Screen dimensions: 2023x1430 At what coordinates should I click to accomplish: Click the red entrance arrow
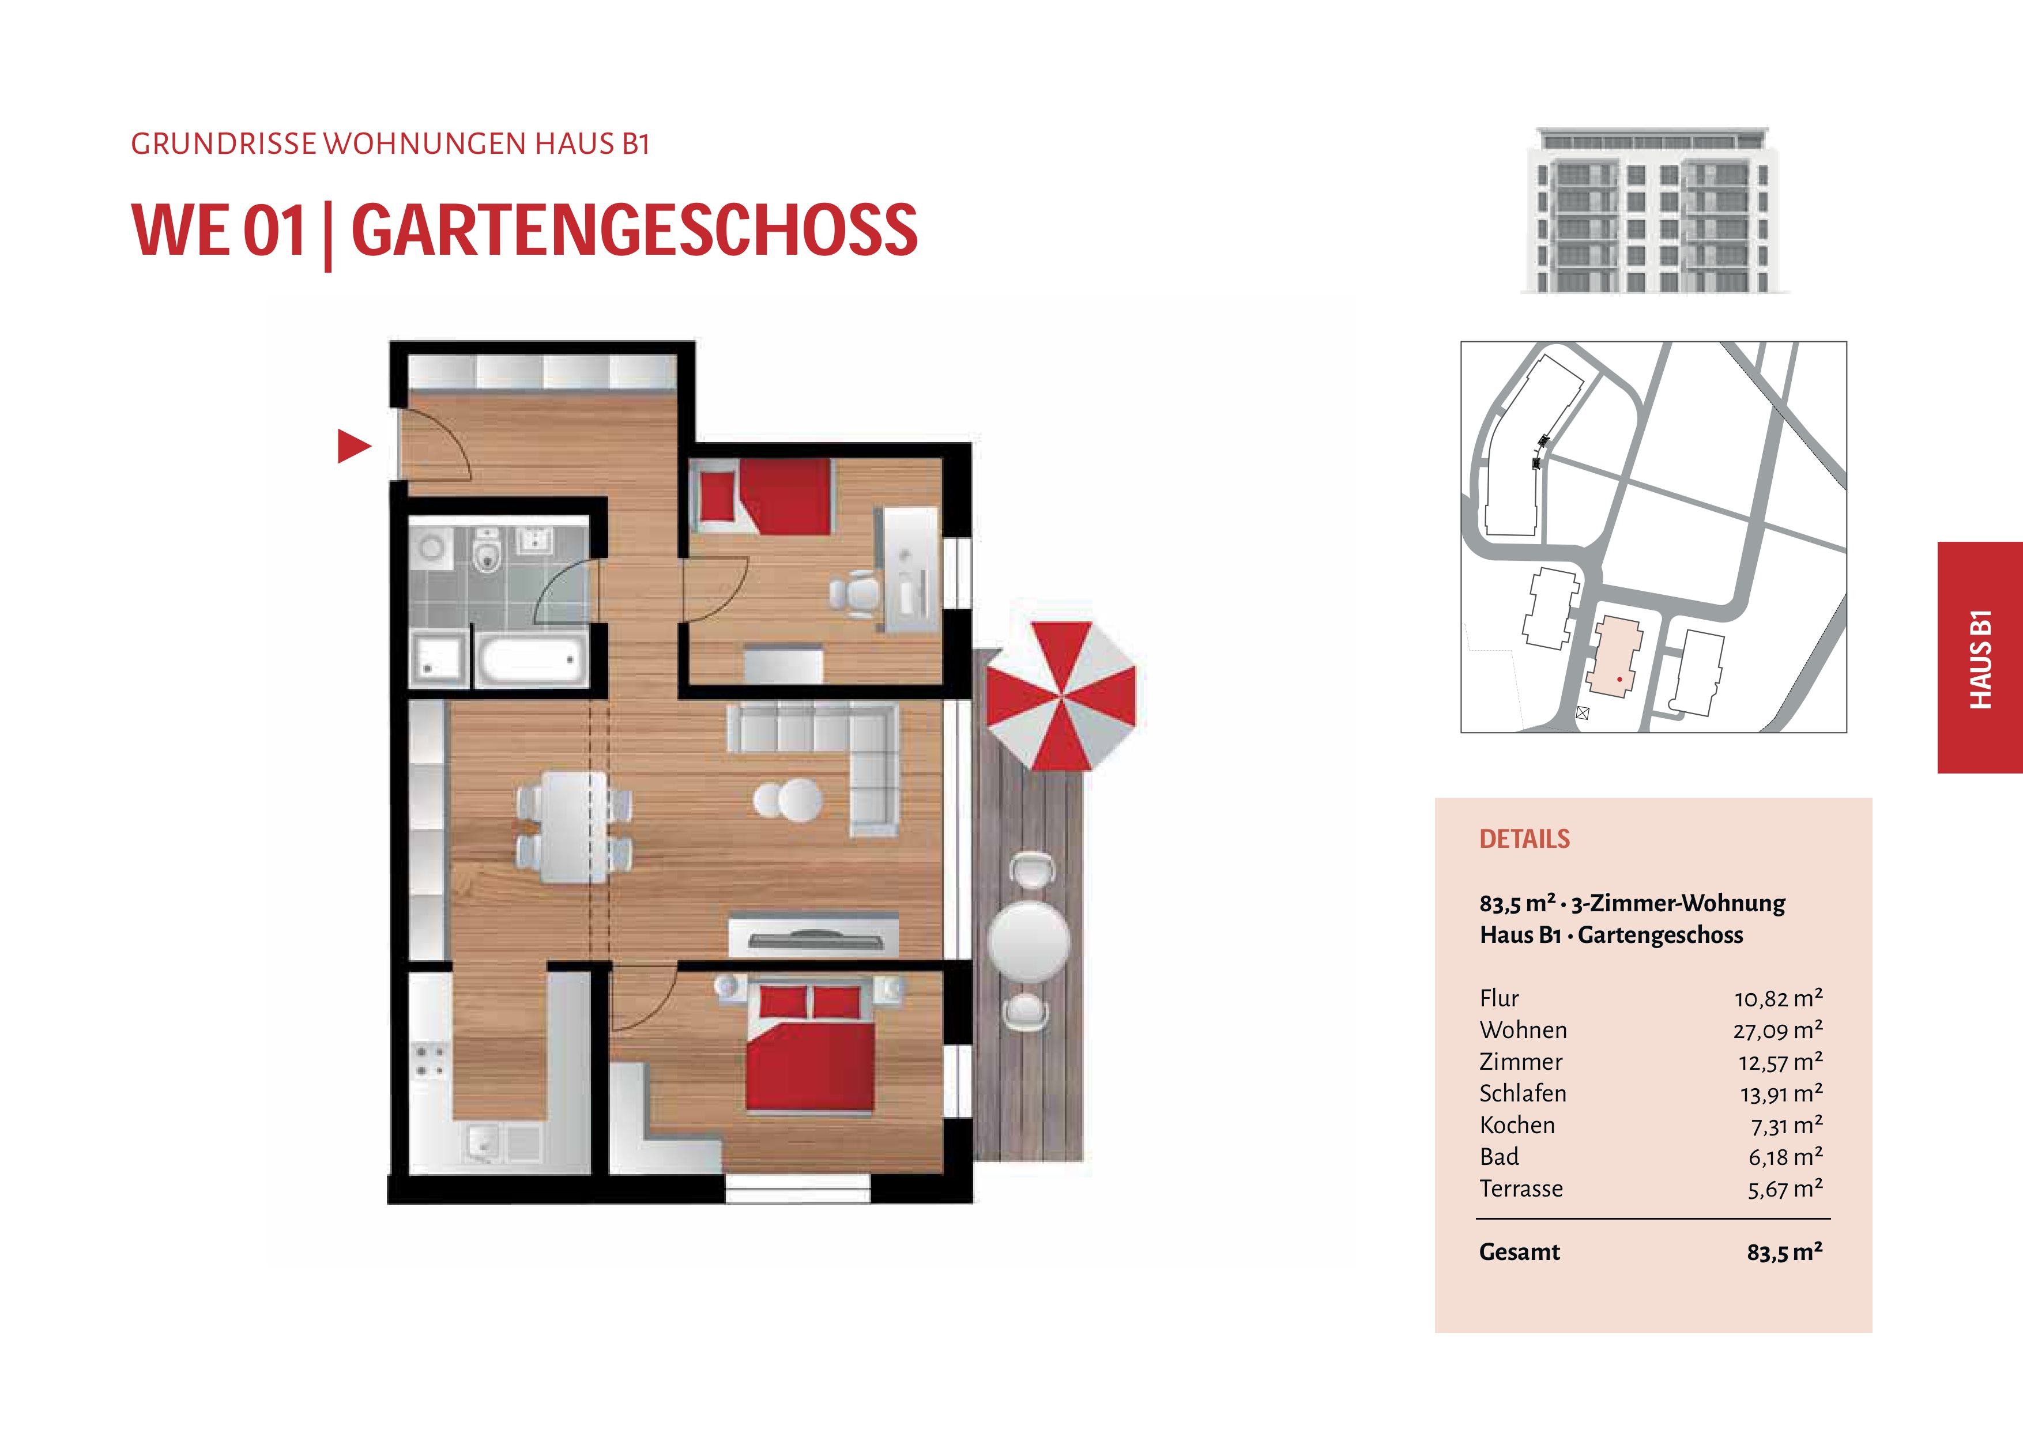353,447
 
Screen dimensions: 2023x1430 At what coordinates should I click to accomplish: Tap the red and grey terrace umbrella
1061,696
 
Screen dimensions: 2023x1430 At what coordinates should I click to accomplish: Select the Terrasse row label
1521,1188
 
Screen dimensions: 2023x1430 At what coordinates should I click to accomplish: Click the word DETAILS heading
1524,839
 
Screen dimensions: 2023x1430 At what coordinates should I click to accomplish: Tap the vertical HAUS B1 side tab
1980,657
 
